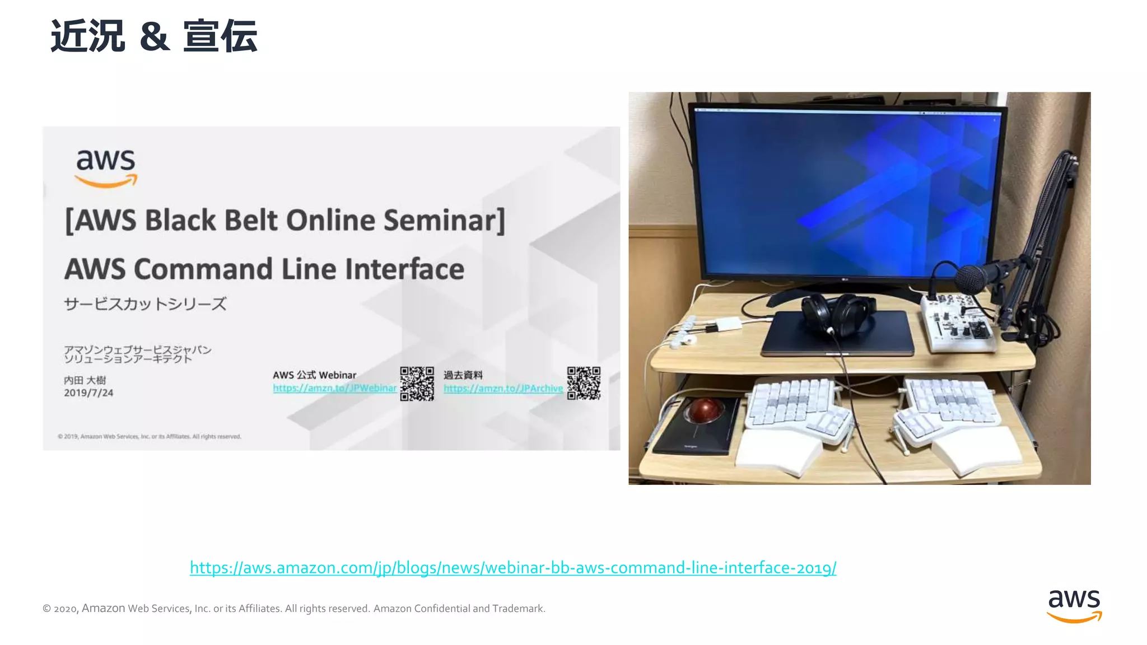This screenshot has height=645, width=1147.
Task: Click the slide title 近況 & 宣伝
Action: [x=154, y=36]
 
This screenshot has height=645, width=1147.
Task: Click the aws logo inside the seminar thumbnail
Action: [x=106, y=167]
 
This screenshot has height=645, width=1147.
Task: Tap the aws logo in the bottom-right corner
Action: [x=1074, y=605]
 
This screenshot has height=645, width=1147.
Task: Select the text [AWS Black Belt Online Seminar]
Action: [x=285, y=220]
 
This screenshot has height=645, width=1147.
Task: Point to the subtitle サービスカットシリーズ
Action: [x=145, y=304]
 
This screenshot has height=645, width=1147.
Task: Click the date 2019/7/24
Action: [x=88, y=393]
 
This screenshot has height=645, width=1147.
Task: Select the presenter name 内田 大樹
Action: [x=85, y=380]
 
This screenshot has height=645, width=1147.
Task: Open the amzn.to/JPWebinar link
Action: [x=334, y=388]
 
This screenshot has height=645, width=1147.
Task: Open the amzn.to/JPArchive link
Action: [x=503, y=389]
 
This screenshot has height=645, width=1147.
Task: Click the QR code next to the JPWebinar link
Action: [x=417, y=384]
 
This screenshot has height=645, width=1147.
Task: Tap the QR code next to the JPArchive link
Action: [x=584, y=384]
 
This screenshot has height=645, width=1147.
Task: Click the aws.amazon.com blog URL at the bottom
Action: [x=512, y=568]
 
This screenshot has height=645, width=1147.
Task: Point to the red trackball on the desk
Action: [x=705, y=411]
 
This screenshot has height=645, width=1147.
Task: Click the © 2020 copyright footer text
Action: [x=293, y=609]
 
